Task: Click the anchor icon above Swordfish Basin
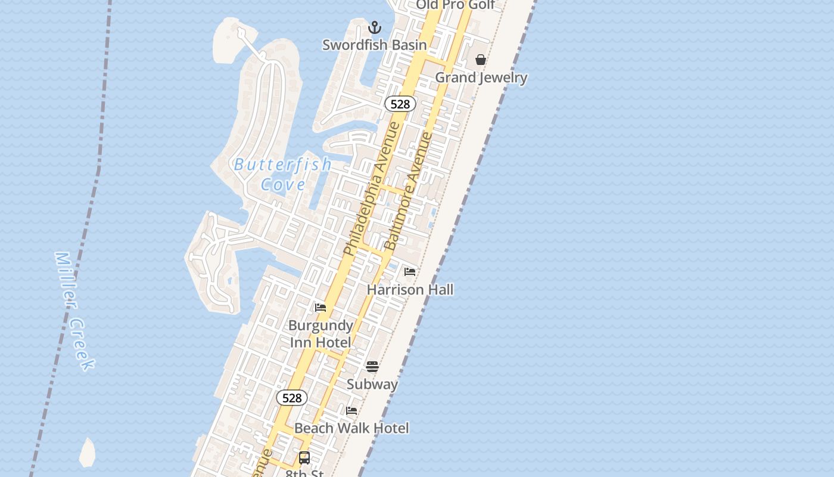pos(375,27)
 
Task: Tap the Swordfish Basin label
pos(375,45)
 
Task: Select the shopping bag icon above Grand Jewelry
pos(481,60)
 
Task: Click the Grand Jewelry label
pos(481,78)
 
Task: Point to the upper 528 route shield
pos(400,104)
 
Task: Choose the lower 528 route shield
pos(292,398)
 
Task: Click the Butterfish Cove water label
pos(283,174)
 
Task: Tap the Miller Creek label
pos(74,310)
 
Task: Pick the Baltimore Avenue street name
pos(409,191)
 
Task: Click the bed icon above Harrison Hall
pos(410,272)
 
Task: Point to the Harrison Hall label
pos(410,290)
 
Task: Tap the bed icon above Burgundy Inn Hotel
pos(320,308)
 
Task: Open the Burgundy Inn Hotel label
pos(320,334)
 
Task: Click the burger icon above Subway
pos(372,366)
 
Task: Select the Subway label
pos(372,384)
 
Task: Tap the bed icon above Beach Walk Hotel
pos(351,411)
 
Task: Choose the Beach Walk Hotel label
pos(351,428)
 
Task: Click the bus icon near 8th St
pos(304,458)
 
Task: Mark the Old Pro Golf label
pos(455,5)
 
